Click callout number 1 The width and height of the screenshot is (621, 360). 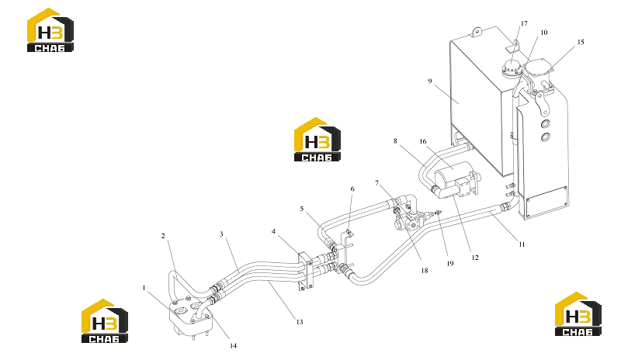(x=144, y=288)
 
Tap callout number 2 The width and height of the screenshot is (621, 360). (x=163, y=236)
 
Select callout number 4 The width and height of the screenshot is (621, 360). (x=274, y=231)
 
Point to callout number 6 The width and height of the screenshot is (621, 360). (x=352, y=189)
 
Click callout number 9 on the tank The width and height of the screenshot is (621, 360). (x=430, y=81)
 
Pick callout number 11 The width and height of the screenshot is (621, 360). (x=522, y=244)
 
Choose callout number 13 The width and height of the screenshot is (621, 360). (x=300, y=322)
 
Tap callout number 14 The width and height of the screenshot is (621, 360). (x=234, y=346)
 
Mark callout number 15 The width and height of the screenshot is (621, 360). (x=581, y=42)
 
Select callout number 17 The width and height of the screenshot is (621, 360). (x=525, y=24)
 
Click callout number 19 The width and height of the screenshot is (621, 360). (x=450, y=263)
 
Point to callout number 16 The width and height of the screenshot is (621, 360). (x=423, y=141)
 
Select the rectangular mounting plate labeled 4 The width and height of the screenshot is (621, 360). (x=306, y=272)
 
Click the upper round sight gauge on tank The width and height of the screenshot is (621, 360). (x=546, y=124)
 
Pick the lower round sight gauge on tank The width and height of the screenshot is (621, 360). (x=546, y=138)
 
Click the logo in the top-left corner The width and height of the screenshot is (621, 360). (x=50, y=30)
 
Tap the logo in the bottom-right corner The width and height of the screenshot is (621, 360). (x=578, y=314)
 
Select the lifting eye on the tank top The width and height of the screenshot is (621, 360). (x=477, y=31)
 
